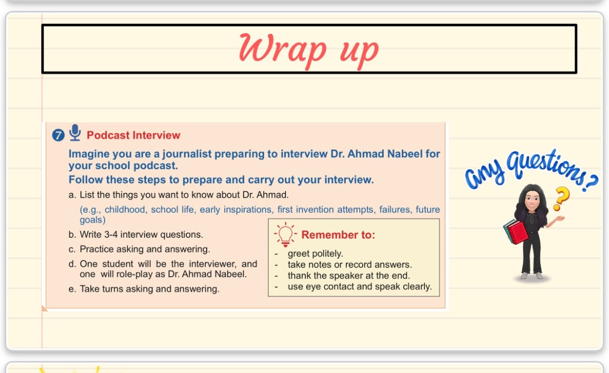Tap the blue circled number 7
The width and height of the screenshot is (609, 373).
point(58,135)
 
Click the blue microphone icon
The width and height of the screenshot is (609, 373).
point(75,132)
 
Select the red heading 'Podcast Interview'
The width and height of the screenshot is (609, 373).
point(133,135)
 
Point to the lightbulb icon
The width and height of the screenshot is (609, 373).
point(285,234)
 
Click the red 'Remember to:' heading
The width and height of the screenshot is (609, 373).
point(338,234)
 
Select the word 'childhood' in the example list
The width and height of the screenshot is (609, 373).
point(125,209)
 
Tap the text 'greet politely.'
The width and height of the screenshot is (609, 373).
point(315,253)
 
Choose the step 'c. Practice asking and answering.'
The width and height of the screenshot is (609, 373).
point(139,249)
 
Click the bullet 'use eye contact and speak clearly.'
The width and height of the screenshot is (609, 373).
point(360,287)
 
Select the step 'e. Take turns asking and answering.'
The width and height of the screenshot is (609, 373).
point(144,289)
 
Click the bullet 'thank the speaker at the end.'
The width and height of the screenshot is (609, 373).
point(349,276)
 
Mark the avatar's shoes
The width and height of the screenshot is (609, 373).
point(532,276)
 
